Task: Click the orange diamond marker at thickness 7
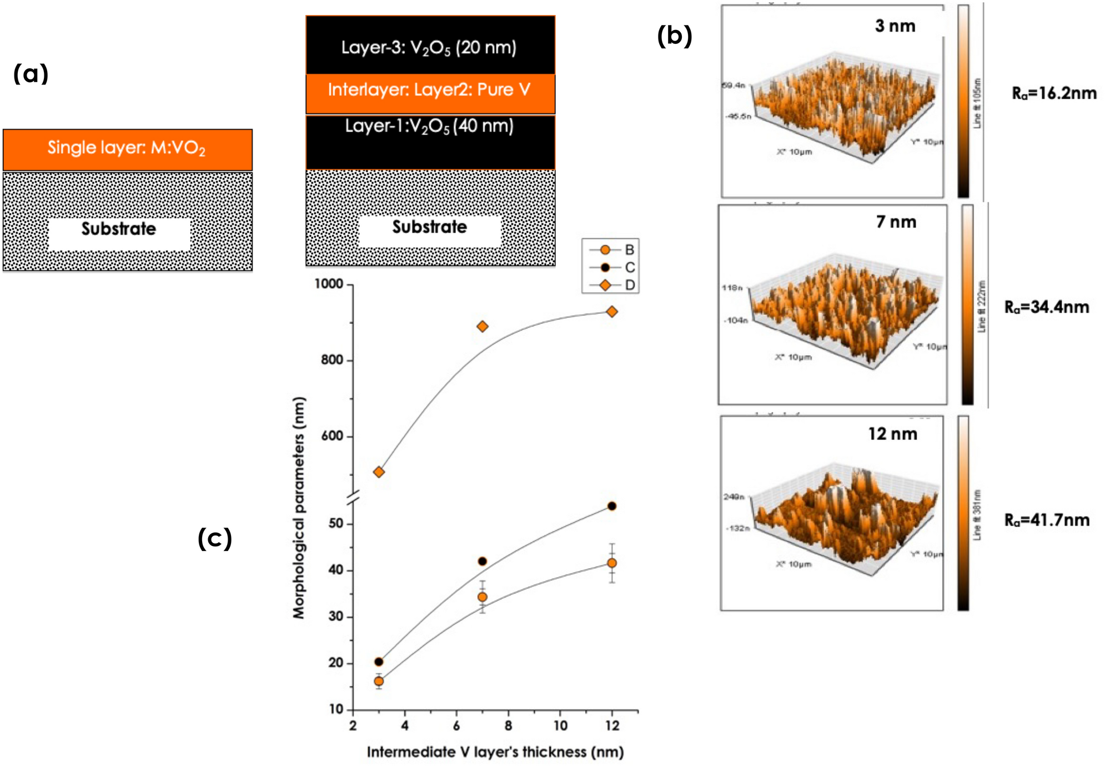tap(482, 326)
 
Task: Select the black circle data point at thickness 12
tap(611, 506)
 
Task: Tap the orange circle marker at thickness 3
tap(379, 681)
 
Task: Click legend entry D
tap(629, 285)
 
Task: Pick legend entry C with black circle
tap(629, 267)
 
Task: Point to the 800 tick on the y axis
tap(333, 360)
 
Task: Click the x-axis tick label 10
tap(560, 725)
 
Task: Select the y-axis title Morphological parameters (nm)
tap(299, 508)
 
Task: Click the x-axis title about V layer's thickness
tap(495, 752)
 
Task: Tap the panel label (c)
tap(214, 538)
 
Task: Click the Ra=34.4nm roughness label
tap(1046, 307)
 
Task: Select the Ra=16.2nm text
tap(1053, 93)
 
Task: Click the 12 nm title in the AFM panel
tap(892, 434)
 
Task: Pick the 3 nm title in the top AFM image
tap(895, 26)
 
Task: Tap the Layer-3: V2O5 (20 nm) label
tap(429, 47)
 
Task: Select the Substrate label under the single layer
tap(119, 229)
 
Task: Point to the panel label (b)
tap(674, 36)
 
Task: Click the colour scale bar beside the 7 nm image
tap(967, 304)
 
